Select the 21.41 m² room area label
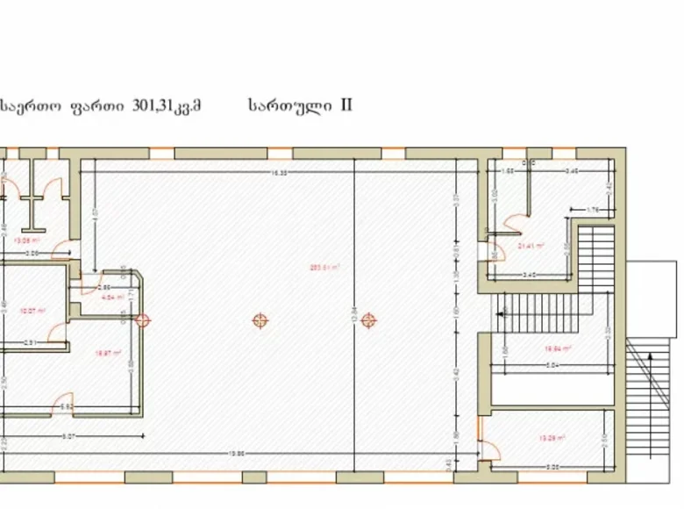tap(531, 246)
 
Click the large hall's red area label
tap(324, 267)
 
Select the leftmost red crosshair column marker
tap(145, 319)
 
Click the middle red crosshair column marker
tap(260, 320)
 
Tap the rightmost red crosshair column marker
tap(369, 319)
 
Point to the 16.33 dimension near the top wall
tap(280, 174)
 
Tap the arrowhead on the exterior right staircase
tap(647, 356)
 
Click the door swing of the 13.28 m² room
tap(488, 449)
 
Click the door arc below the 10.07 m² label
tap(55, 331)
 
